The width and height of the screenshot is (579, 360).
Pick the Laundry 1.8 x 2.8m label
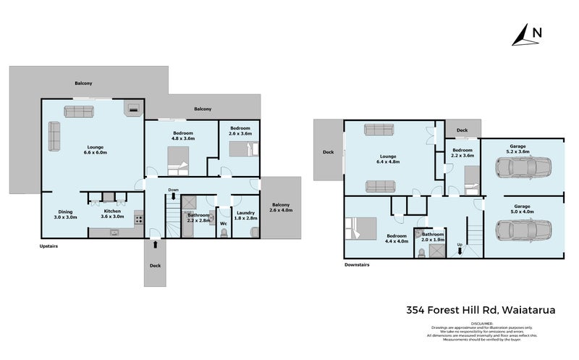pyautogui.click(x=247, y=214)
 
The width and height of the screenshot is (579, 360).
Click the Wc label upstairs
pyautogui.click(x=224, y=224)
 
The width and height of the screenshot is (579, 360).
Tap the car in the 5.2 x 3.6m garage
pyautogui.click(x=523, y=168)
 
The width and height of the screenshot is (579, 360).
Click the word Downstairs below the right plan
pyautogui.click(x=356, y=266)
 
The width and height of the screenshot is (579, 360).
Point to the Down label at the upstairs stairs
pyautogui.click(x=173, y=190)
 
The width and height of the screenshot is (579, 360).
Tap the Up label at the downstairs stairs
pyautogui.click(x=459, y=244)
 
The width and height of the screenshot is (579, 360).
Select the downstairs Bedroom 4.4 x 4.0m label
pyautogui.click(x=396, y=239)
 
